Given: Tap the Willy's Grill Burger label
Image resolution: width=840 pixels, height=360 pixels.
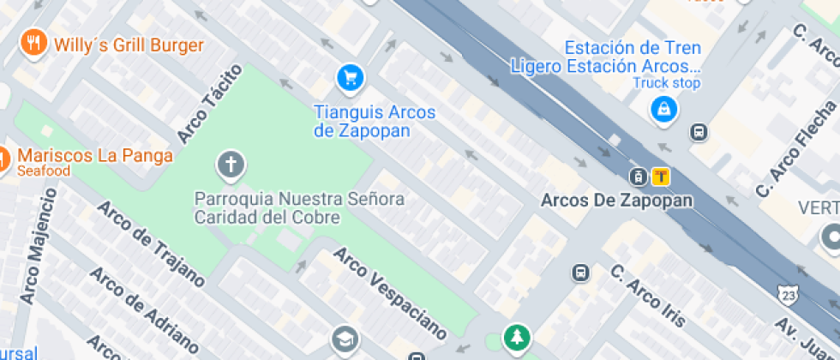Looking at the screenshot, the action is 129,45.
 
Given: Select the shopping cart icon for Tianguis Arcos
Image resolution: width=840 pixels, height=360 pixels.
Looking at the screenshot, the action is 350,79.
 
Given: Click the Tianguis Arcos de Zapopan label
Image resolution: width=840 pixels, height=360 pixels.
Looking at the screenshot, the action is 375,122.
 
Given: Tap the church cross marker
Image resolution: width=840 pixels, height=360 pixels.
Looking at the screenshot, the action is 230,164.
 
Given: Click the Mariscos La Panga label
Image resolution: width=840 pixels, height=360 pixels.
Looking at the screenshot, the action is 95,157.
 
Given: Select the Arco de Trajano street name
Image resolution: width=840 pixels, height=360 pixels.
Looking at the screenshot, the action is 150,244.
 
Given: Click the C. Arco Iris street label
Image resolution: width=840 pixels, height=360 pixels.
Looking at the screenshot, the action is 648,296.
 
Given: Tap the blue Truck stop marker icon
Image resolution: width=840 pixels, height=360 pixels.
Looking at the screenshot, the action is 664,109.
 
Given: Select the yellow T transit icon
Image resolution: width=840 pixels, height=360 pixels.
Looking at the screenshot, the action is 661,177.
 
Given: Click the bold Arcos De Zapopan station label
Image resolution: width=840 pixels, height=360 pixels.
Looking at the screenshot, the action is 617,201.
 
